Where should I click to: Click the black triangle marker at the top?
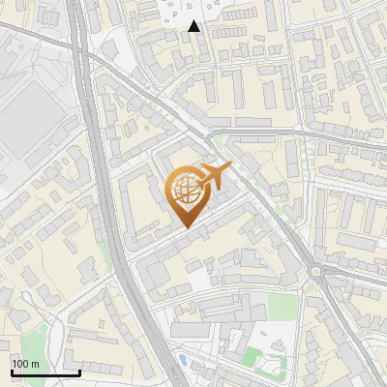point(194,26)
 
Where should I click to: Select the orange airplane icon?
point(216,177)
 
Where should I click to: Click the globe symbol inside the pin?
point(186,190)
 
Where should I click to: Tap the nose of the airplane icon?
point(231,168)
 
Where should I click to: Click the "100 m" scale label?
point(25,363)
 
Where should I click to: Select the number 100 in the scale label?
point(20,363)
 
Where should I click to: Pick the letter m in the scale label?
point(35,363)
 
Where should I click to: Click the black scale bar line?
point(45,372)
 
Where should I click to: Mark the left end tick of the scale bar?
point(11,371)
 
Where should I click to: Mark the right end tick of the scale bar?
point(79,371)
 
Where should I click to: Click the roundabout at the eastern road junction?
point(317,272)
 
